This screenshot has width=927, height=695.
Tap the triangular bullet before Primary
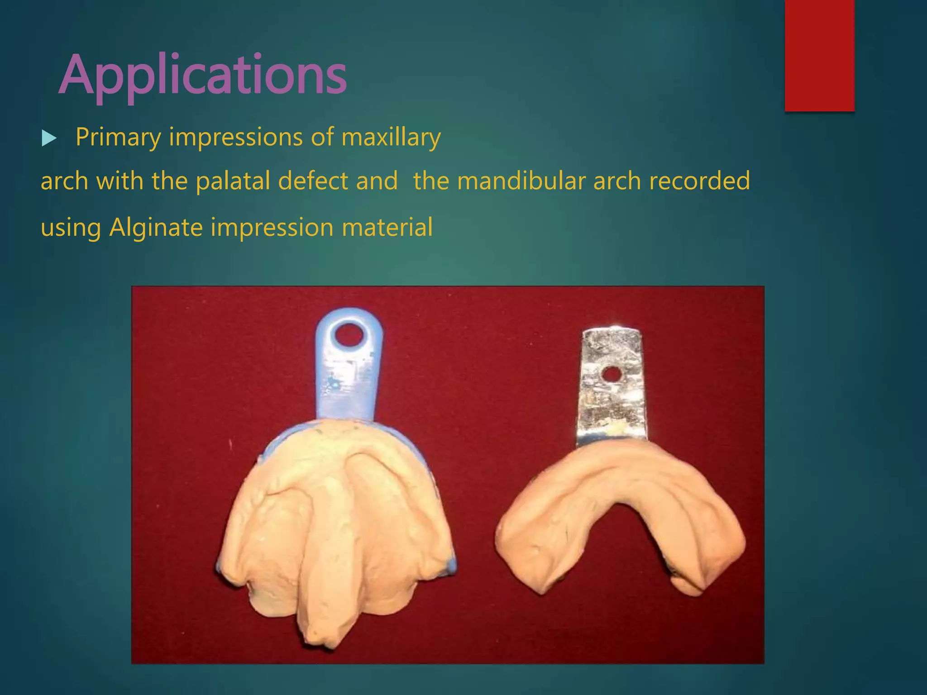(x=48, y=138)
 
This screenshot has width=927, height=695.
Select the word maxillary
(x=391, y=137)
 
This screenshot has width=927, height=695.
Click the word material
(x=387, y=227)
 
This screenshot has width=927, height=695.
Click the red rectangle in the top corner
(x=819, y=55)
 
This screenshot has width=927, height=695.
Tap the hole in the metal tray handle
(x=612, y=374)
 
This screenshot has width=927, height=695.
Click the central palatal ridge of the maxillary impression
(x=333, y=543)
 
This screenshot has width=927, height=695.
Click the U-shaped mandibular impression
(x=620, y=511)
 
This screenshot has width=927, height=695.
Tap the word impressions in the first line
(x=235, y=137)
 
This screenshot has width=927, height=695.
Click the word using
(x=71, y=227)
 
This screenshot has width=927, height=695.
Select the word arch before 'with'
(x=64, y=181)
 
